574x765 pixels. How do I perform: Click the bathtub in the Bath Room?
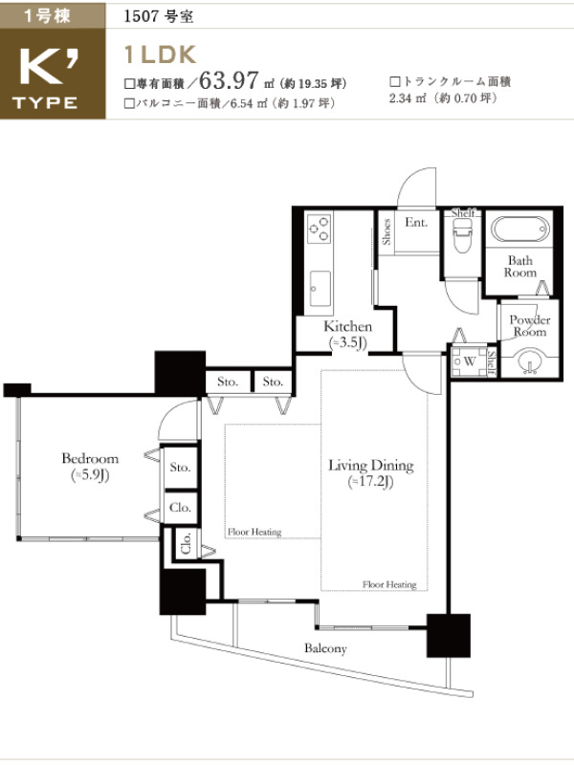(x=519, y=229)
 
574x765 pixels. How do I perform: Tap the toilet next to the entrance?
(x=462, y=234)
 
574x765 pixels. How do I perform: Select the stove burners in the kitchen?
(x=319, y=229)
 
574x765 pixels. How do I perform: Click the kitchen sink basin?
(x=320, y=289)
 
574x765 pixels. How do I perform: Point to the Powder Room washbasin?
(x=531, y=361)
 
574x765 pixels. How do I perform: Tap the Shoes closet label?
(x=386, y=231)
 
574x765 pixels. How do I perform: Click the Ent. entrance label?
(x=416, y=223)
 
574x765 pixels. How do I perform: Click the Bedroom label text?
(x=90, y=458)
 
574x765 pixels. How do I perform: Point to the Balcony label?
(x=325, y=648)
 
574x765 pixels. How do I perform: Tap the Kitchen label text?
(x=347, y=326)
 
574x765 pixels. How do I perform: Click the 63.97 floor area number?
(x=229, y=79)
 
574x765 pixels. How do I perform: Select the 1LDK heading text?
(x=161, y=55)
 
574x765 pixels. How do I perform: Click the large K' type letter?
(x=49, y=67)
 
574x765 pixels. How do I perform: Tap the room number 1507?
(x=142, y=16)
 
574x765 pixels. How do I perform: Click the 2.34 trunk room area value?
(x=401, y=98)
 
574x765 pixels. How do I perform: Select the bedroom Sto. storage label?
(x=180, y=467)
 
